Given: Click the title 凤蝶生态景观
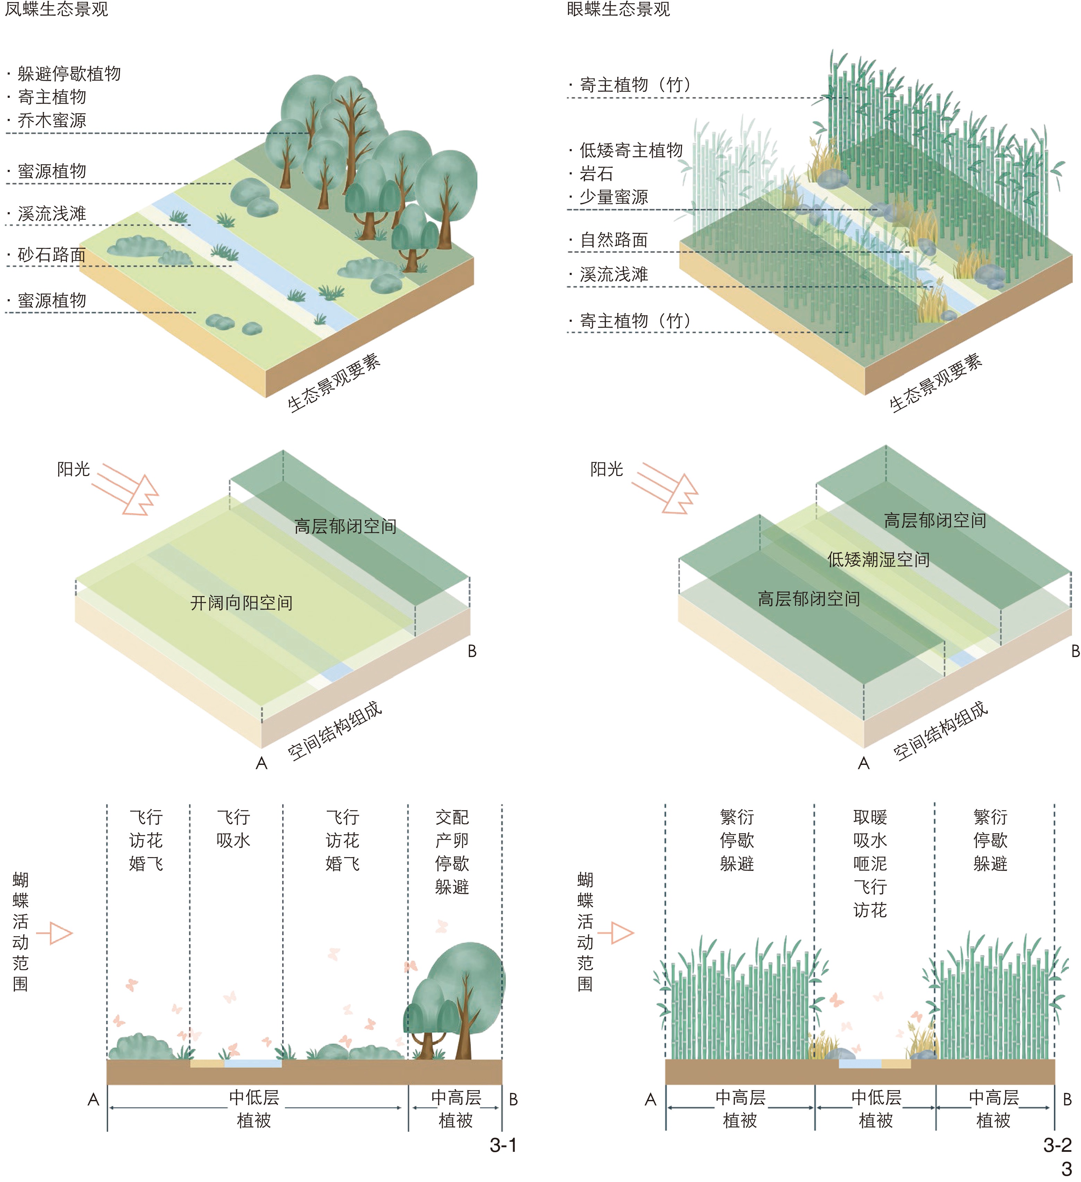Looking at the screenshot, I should pyautogui.click(x=56, y=9).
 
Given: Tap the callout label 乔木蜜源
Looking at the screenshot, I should pyautogui.click(x=52, y=120).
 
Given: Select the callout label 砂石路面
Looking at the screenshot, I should pyautogui.click(x=52, y=254).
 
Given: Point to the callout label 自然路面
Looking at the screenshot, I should pyautogui.click(x=613, y=240).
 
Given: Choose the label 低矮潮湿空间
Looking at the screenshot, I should pyautogui.click(x=878, y=559).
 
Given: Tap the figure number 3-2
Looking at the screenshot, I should pyautogui.click(x=1057, y=1145).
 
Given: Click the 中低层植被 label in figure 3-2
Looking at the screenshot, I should pyautogui.click(x=876, y=1109).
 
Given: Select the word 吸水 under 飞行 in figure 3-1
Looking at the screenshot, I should pyautogui.click(x=233, y=840).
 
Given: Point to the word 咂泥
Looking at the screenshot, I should pyautogui.click(x=870, y=864).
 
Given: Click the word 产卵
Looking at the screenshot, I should pyautogui.click(x=452, y=840).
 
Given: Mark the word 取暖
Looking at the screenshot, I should pyautogui.click(x=870, y=817).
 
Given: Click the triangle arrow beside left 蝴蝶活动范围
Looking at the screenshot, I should pyautogui.click(x=56, y=933).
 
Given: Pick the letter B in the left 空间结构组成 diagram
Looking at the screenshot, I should pyautogui.click(x=472, y=652).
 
